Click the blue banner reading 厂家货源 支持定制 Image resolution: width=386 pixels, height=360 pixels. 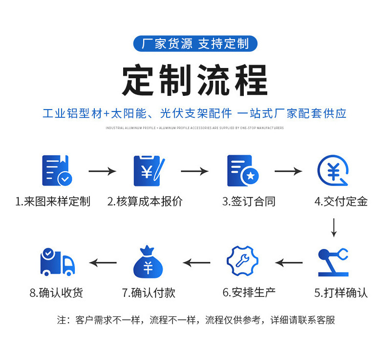(x=194, y=44)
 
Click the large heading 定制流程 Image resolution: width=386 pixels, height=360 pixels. (x=194, y=80)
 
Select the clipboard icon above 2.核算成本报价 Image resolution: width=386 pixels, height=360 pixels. (x=149, y=171)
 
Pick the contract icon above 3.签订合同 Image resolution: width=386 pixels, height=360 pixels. (x=242, y=171)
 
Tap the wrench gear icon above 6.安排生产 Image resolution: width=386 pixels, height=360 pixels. (x=242, y=261)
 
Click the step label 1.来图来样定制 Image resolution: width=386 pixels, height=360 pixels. (x=53, y=202)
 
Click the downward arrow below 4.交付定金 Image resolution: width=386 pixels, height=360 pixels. (x=334, y=227)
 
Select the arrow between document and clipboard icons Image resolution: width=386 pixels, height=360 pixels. (x=102, y=171)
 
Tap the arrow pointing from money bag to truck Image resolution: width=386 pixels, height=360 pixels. (x=103, y=263)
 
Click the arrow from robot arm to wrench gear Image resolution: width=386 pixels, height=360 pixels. (x=289, y=263)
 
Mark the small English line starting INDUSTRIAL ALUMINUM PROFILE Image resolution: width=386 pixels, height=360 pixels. (x=194, y=128)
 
